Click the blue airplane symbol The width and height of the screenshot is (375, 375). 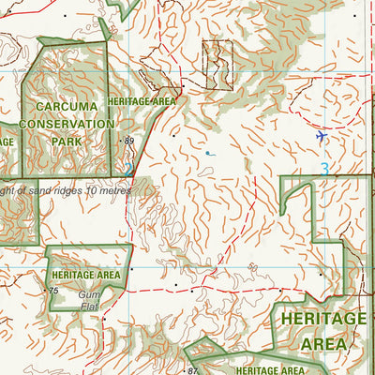pos(322,137)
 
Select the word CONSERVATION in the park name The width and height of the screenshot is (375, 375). pos(67,124)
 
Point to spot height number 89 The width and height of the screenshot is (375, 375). pos(129,141)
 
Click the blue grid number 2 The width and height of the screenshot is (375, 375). pos(127,170)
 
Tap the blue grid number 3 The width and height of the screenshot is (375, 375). pos(324,170)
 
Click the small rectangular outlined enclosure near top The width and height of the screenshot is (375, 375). pos(217,65)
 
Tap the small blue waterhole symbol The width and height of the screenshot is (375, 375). pos(208,153)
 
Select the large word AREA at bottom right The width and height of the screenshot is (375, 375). pos(323,344)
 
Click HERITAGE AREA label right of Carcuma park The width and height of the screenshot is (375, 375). pos(142,100)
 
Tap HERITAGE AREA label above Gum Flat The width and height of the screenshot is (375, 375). pos(86,275)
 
